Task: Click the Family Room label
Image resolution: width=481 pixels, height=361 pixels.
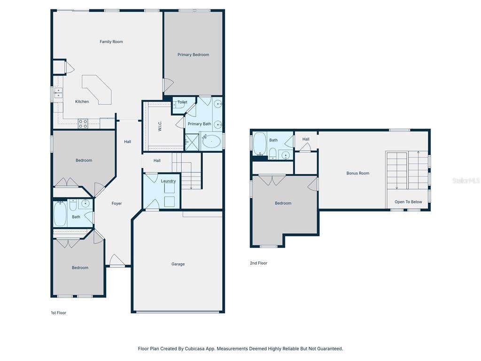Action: coord(111,42)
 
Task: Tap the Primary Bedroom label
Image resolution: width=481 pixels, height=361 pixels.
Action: coord(193,55)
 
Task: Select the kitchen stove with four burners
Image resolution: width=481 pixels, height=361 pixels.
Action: coord(83,124)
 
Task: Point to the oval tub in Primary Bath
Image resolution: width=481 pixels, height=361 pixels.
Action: coord(211,141)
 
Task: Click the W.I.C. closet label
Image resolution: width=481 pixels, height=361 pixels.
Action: coord(160,126)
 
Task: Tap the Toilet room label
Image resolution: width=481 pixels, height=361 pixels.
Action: coord(182,102)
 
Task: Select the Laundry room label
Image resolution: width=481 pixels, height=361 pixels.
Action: coord(169,181)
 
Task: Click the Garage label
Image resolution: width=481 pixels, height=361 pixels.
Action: coord(178,264)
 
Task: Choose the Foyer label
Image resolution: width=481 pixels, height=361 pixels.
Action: coord(116,204)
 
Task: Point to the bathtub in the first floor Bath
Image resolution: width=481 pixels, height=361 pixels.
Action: coord(60,214)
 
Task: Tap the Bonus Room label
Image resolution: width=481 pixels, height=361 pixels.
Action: coord(357,173)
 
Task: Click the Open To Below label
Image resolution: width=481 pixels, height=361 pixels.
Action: coord(408,202)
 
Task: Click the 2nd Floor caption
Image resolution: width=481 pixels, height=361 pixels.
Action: coord(259,263)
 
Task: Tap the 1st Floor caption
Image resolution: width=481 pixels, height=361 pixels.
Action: coord(59,313)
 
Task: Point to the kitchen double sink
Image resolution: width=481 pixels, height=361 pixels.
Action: coord(58,93)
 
